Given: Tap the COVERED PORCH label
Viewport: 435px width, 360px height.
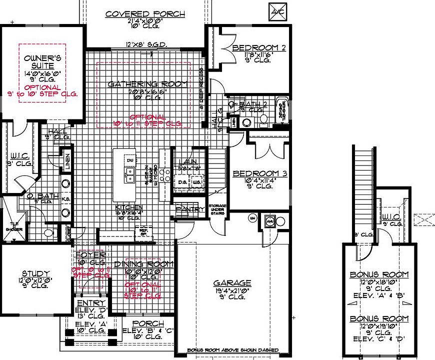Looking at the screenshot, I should (x=145, y=14).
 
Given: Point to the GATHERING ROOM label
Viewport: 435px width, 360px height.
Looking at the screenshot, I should (x=148, y=83).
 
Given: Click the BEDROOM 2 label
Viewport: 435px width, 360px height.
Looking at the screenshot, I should (x=259, y=48).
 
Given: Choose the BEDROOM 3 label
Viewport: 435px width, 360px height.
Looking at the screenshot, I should (x=260, y=174).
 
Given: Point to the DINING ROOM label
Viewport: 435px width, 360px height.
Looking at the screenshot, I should (x=143, y=264).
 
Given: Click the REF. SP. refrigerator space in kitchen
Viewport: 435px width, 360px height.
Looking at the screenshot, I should (x=143, y=231).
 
